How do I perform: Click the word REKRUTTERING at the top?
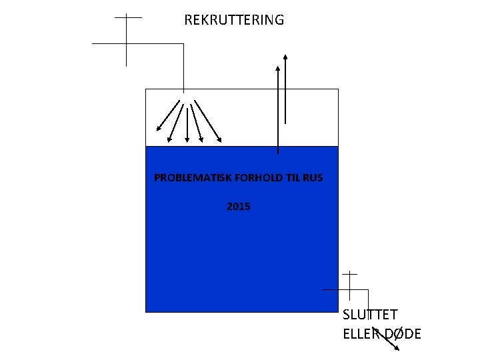(x=234, y=20)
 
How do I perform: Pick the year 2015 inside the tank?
(x=239, y=207)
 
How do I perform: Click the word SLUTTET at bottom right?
(x=371, y=315)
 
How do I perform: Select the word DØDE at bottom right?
(x=403, y=334)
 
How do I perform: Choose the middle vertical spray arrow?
(x=187, y=123)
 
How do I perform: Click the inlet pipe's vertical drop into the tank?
(x=183, y=67)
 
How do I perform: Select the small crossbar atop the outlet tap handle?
(x=349, y=273)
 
